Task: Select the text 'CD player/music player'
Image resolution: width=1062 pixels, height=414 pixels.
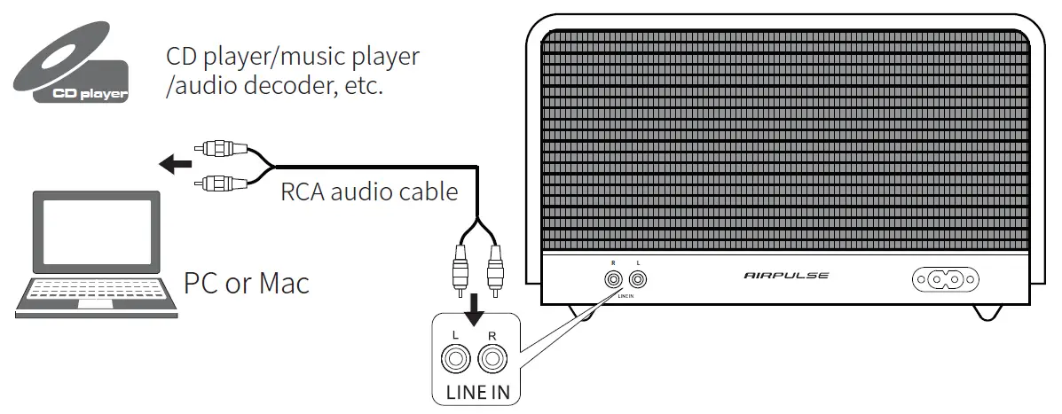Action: (x=293, y=58)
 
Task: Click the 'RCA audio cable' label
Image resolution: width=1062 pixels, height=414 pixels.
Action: (x=369, y=191)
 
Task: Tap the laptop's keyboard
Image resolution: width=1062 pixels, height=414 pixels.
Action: (x=96, y=290)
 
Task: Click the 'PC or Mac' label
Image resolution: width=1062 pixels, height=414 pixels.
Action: (x=246, y=284)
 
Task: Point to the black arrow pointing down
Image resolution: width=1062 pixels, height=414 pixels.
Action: (x=476, y=308)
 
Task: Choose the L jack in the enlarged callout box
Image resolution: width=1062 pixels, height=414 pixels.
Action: (x=455, y=360)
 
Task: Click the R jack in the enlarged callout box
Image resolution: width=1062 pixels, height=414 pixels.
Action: (x=492, y=360)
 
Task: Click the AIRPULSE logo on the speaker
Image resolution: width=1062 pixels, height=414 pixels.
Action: (x=786, y=276)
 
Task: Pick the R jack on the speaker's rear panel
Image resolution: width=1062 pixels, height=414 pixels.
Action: (x=612, y=280)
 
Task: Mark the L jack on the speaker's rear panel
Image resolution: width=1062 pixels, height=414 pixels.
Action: (x=639, y=280)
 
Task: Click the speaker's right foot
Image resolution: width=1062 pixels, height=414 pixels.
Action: (x=987, y=312)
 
